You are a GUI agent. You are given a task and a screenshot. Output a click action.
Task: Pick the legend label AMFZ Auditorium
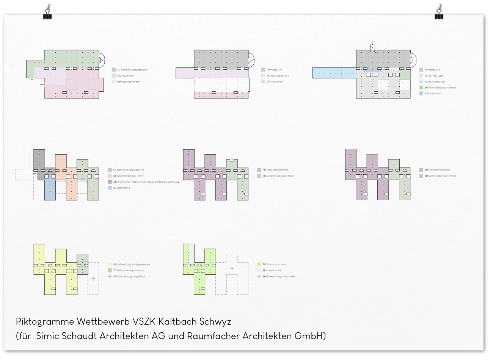point(435,81)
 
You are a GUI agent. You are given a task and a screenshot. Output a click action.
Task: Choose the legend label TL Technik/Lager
point(434,76)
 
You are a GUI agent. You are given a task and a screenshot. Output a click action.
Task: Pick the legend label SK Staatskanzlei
point(272,271)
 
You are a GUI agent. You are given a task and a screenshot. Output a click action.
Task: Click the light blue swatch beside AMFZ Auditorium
point(421,81)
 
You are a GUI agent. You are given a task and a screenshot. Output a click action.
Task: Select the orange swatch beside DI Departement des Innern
point(110,176)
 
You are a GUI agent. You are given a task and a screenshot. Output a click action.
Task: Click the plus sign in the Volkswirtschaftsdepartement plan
point(93,279)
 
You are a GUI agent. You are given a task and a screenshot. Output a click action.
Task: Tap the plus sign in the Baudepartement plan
point(232,268)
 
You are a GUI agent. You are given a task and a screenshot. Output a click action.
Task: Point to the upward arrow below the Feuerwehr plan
point(32,81)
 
